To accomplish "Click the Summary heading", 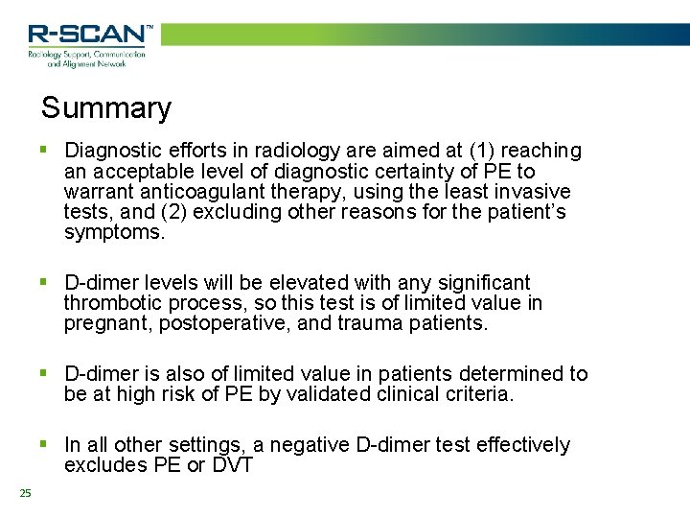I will click(x=105, y=108).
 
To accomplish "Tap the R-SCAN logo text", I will click(x=89, y=35).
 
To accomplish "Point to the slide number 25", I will click(x=25, y=493).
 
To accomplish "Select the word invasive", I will click(x=532, y=192).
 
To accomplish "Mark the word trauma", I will click(x=374, y=324).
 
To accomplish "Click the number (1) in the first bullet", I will click(x=481, y=151).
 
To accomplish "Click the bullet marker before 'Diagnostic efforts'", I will click(x=43, y=150).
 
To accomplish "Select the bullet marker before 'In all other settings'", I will click(x=43, y=444).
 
